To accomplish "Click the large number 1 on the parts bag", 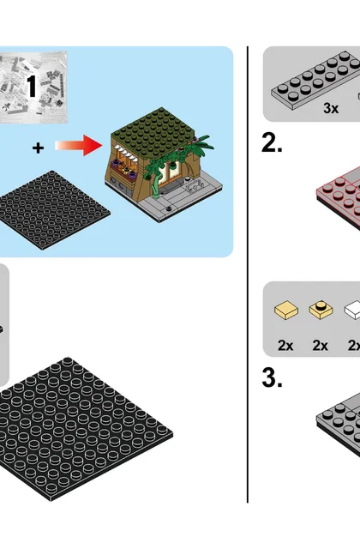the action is click(32, 86).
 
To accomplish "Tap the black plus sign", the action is click(38, 148).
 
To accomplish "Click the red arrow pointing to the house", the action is click(78, 145).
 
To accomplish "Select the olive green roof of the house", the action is click(153, 130).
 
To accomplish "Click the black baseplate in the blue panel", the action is click(52, 209).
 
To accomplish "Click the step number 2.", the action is click(272, 143).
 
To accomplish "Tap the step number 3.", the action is click(272, 378).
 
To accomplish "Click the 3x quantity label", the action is click(331, 108).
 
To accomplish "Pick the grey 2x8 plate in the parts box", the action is click(316, 78).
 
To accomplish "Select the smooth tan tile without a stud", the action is click(286, 311).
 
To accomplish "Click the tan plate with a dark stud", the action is click(321, 311).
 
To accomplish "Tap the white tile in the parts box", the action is click(352, 311).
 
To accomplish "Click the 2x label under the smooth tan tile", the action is click(285, 346).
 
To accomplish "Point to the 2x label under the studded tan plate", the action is click(320, 346).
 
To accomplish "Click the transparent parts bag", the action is click(33, 87).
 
